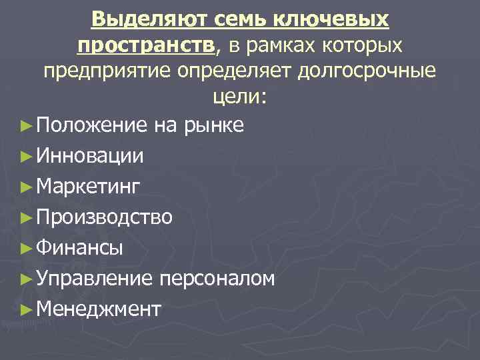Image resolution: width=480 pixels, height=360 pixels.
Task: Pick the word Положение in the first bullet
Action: point(93,125)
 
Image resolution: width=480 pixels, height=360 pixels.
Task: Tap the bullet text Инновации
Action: point(90,156)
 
